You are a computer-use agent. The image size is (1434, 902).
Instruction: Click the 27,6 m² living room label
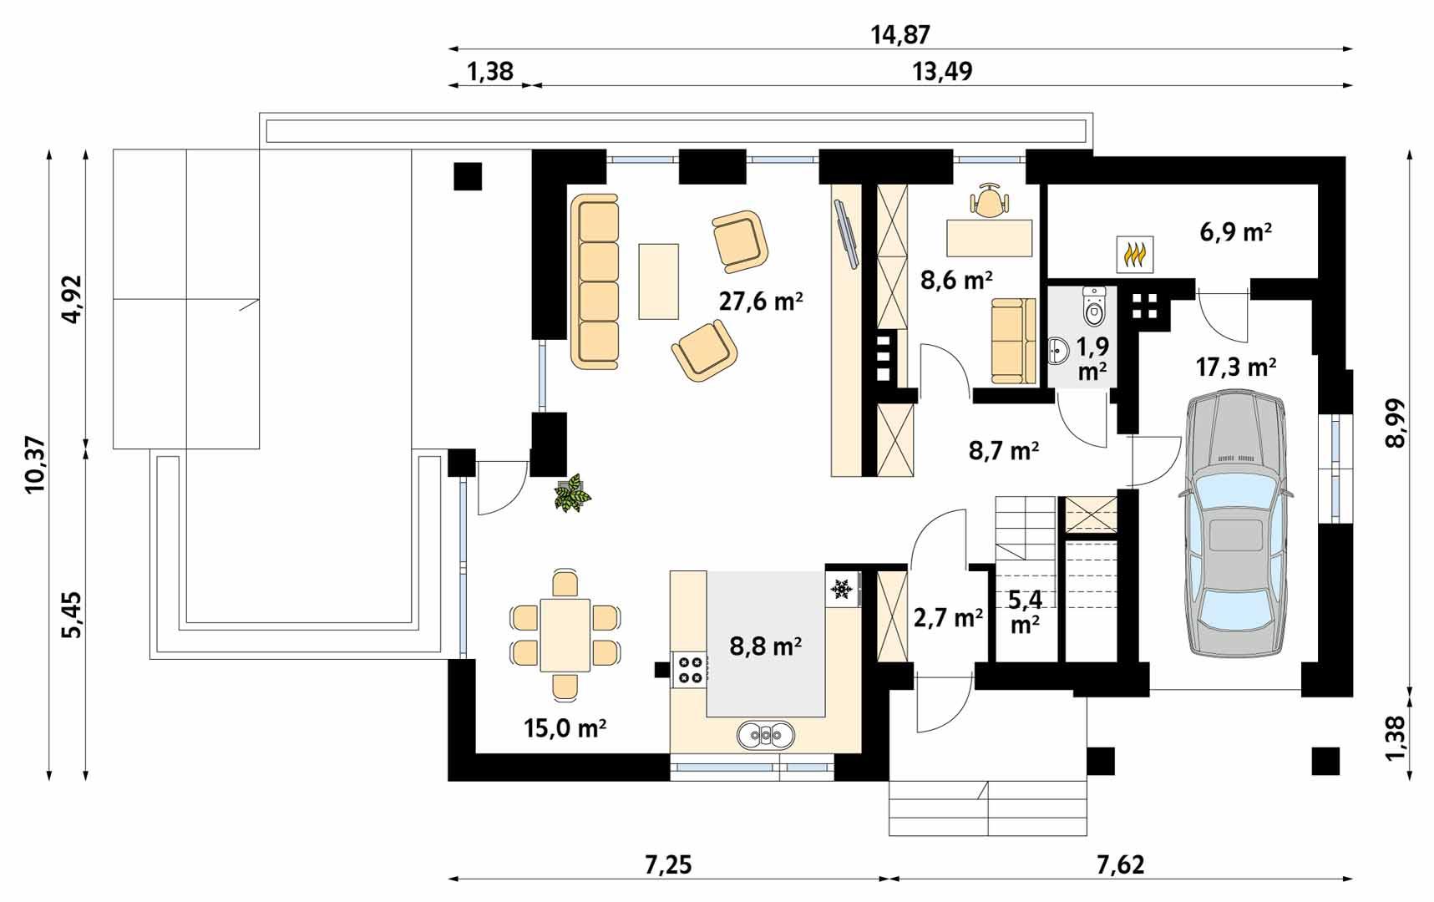[x=761, y=302]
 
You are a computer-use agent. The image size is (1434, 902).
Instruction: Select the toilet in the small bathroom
[x=1093, y=307]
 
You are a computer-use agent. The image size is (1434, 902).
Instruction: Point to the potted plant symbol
[x=573, y=493]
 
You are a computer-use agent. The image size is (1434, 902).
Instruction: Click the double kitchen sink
[x=766, y=734]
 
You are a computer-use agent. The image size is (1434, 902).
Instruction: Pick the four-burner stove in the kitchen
[x=691, y=670]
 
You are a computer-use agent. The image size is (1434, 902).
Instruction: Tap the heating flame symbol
[x=1136, y=254]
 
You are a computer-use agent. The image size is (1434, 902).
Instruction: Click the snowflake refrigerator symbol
[x=842, y=590]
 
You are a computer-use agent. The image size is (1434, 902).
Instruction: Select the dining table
[x=565, y=635]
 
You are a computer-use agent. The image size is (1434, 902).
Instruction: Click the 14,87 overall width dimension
[x=900, y=35]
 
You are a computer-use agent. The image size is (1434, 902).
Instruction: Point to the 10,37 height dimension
[x=35, y=464]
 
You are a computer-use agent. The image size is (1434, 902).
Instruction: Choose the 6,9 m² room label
[x=1236, y=231]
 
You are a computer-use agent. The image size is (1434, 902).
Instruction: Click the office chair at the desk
[x=989, y=200]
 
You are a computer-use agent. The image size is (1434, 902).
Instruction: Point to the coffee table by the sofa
[x=659, y=281]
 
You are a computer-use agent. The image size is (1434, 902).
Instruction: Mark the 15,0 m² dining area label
[x=565, y=728]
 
